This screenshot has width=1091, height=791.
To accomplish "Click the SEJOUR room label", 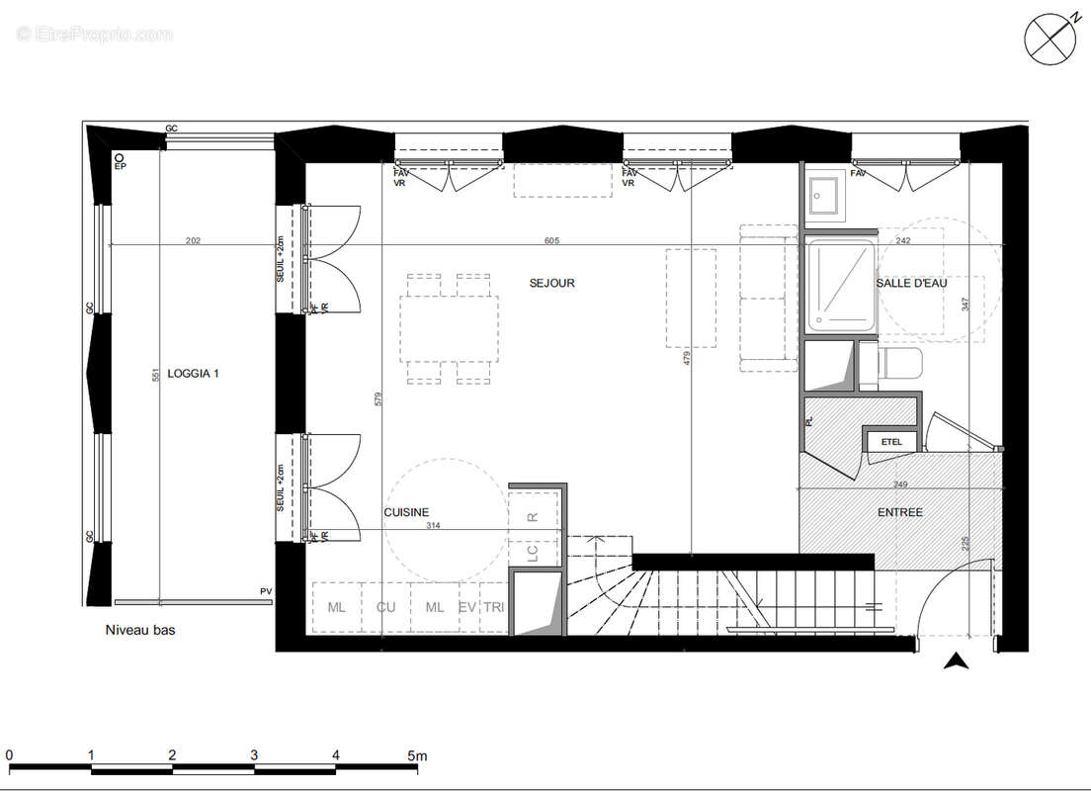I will click(x=551, y=283).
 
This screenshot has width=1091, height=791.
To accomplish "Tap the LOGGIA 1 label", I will click(x=193, y=373).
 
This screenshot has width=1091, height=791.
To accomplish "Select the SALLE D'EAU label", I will click(x=911, y=283).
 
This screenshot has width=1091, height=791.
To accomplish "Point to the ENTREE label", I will click(x=899, y=512).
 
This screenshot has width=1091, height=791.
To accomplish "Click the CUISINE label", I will click(x=406, y=512).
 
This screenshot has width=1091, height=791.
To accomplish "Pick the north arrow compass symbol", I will click(x=1049, y=39).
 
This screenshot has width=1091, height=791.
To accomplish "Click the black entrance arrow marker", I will click(x=955, y=661).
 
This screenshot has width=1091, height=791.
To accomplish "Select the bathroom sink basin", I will click(x=823, y=195).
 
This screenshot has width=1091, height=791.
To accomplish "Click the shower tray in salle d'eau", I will click(x=840, y=286).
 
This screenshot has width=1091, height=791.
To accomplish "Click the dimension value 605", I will click(x=551, y=240).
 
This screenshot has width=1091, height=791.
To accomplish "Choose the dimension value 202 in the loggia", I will click(x=194, y=240).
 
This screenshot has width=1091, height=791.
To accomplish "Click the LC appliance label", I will click(x=533, y=554).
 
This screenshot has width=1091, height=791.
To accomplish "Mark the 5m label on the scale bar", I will click(x=416, y=755).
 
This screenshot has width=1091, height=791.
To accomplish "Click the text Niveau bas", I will click(x=140, y=630).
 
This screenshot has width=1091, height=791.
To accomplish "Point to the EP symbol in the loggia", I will click(x=120, y=163).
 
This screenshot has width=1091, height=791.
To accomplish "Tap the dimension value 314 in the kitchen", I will click(x=433, y=527).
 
